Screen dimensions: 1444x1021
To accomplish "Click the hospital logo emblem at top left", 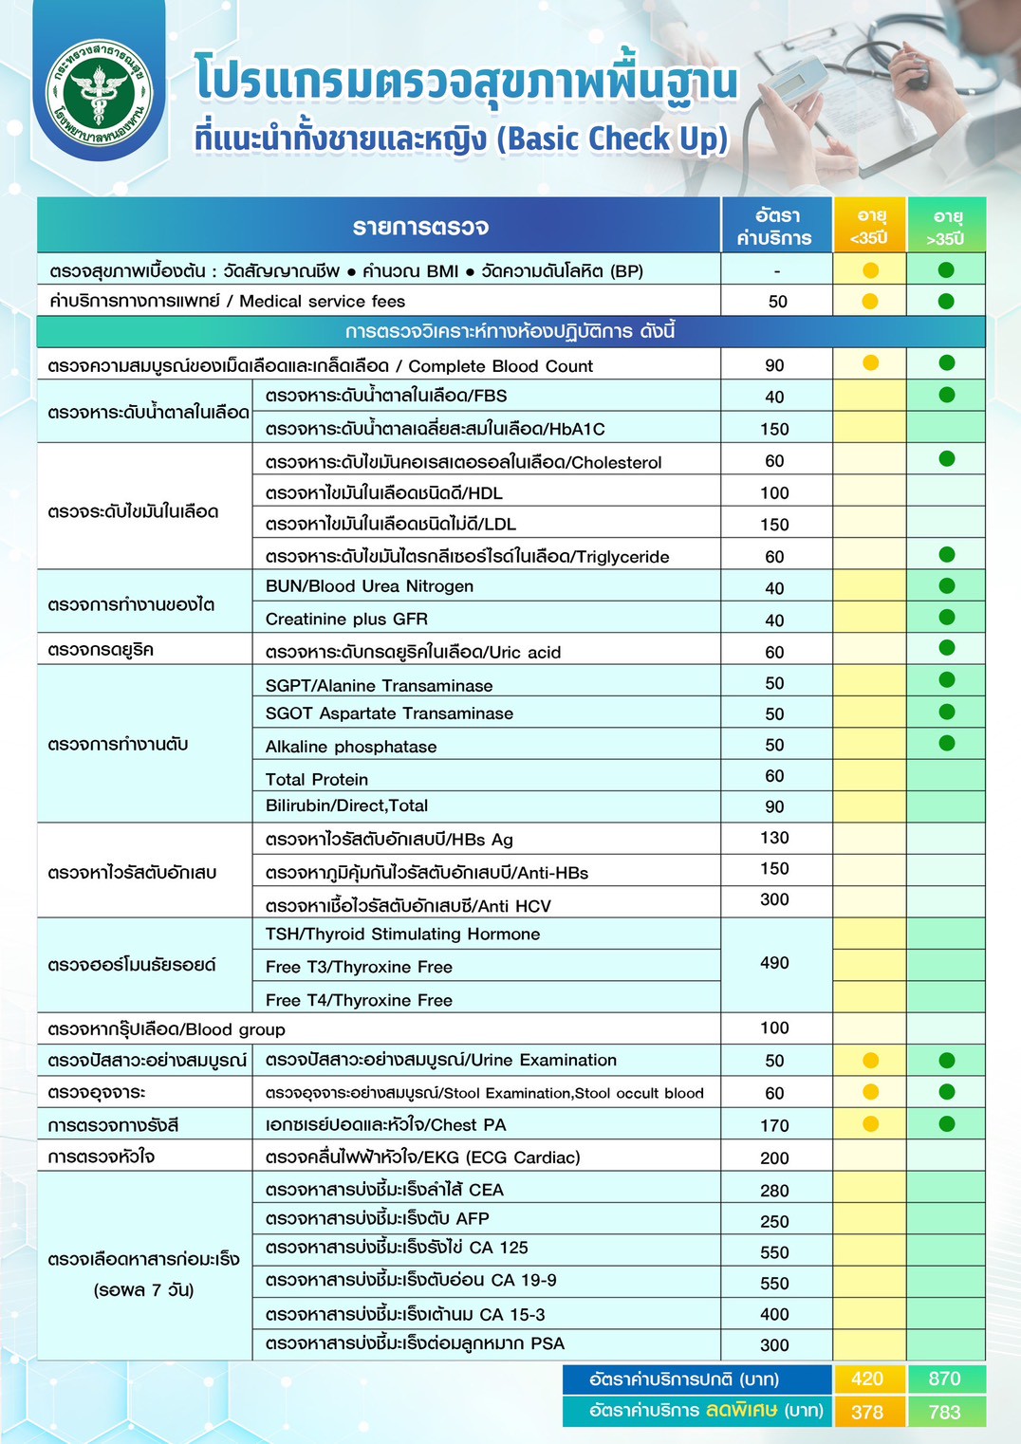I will tap(99, 94).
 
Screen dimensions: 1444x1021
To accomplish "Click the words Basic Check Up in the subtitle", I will tap(616, 139).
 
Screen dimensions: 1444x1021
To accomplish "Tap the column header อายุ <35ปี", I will tap(870, 227).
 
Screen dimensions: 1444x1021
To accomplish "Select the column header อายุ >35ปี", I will tap(946, 227).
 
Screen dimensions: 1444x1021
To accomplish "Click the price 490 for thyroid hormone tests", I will tap(774, 963).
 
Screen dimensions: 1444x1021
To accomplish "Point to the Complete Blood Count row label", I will tap(321, 366).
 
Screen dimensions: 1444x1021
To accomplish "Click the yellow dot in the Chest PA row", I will tap(870, 1124).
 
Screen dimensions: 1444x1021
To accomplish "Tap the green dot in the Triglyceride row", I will tap(946, 555).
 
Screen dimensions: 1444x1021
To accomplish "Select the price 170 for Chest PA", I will tap(774, 1125).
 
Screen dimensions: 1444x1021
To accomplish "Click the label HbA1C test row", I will tap(435, 429).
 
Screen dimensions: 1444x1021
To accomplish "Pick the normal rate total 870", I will tap(945, 1379).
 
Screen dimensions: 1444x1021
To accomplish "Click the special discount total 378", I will tap(867, 1412).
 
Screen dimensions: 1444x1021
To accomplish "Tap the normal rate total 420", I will tap(867, 1379).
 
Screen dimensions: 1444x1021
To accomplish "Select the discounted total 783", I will tap(945, 1412).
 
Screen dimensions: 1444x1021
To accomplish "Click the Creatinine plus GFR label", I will tap(346, 620).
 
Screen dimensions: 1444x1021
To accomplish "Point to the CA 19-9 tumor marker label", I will tap(411, 1281).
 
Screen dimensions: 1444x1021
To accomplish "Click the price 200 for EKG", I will tap(774, 1157).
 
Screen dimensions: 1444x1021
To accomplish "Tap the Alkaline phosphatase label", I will tap(351, 747).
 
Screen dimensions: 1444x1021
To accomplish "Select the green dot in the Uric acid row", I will tap(946, 648).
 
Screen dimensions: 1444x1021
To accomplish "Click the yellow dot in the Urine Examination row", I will tap(870, 1061).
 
